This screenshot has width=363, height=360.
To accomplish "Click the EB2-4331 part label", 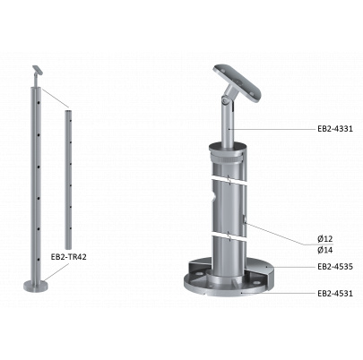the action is pos(335,129).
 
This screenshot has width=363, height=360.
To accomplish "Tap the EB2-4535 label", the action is pos(335,267).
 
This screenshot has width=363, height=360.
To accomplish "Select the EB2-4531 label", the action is pos(335,294).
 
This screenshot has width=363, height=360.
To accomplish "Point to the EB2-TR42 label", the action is pos(68,257).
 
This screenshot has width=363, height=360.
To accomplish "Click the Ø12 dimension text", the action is pos(325,239).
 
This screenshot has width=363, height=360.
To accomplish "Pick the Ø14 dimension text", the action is pos(325,250).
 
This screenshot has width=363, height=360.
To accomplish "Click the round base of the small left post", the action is pos(36,286).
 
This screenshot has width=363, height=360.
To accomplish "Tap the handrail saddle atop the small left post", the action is pos(38,71).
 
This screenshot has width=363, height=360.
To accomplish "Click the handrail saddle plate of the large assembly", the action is pos(237,83).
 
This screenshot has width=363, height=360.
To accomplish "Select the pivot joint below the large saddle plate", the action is pos(226,100).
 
